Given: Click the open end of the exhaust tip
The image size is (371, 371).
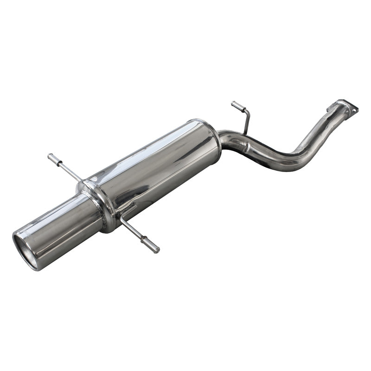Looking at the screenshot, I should click(25, 250).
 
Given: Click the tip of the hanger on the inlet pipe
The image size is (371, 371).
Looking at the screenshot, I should click(234, 104).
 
